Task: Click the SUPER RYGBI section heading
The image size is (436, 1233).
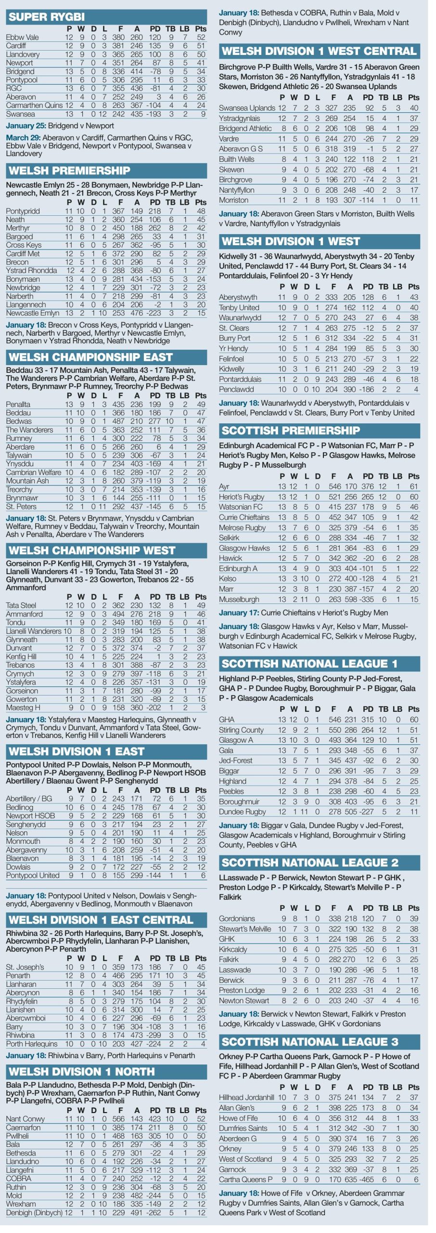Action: click(47, 17)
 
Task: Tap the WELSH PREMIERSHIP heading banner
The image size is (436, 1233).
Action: click(69, 171)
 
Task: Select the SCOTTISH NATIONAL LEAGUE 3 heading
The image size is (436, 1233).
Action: click(310, 1042)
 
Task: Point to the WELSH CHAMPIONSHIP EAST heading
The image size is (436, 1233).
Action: click(90, 357)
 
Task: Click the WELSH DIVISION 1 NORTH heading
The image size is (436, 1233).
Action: click(81, 1072)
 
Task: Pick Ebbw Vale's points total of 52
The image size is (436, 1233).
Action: click(201, 37)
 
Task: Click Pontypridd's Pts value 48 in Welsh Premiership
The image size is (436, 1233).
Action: click(201, 211)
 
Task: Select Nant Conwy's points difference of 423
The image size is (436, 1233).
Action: click(155, 1119)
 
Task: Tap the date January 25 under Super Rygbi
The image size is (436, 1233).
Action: click(26, 126)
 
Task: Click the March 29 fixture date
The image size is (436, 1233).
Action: click(24, 138)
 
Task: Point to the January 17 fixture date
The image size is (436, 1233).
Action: click(239, 613)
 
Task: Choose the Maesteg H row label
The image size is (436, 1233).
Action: click(23, 708)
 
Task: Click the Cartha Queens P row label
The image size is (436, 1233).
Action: click(245, 1180)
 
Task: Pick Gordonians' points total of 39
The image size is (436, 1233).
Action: click(414, 918)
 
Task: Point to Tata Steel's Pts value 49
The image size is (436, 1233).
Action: click(201, 605)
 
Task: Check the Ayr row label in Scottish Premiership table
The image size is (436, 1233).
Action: click(224, 486)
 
